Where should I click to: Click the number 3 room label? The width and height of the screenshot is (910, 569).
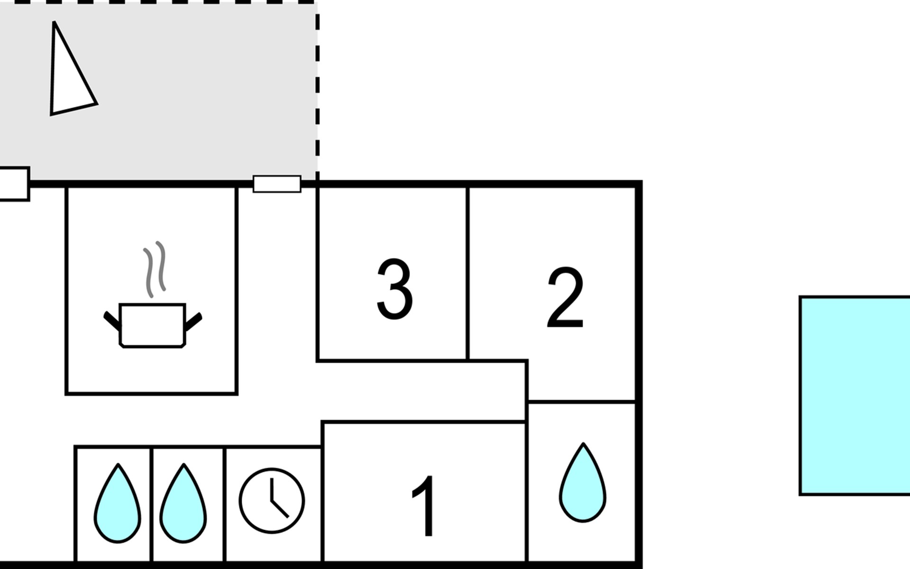[x=395, y=289]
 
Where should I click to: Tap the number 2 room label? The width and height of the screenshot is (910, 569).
[x=565, y=297]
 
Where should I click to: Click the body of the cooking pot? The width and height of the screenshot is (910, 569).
[x=152, y=325]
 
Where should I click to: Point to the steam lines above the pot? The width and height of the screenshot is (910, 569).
[x=155, y=269]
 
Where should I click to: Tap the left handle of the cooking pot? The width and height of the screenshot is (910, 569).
[x=112, y=321]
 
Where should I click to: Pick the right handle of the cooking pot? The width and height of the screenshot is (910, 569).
[x=193, y=321]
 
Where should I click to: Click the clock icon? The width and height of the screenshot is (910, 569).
[x=272, y=500]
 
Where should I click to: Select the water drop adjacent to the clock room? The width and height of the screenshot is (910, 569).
[x=183, y=503]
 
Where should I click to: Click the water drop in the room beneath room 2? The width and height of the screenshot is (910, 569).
[x=582, y=483]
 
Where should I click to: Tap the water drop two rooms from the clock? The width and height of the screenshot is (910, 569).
[x=118, y=503]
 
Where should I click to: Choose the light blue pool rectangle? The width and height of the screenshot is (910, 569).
[x=855, y=395]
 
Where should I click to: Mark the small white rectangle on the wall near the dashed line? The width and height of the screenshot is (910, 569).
[x=277, y=184]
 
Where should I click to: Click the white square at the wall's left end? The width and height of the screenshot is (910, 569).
[x=14, y=184]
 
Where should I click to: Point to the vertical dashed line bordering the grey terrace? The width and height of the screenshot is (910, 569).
[x=317, y=90]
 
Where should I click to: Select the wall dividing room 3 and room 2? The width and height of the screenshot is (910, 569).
[x=467, y=274]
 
